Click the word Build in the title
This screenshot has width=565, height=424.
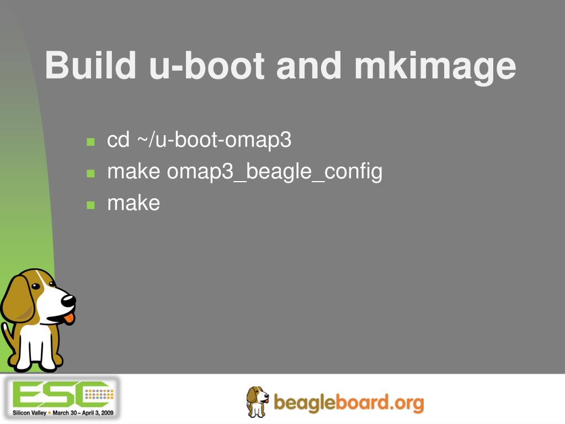point(90,65)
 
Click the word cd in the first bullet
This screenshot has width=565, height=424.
point(118,140)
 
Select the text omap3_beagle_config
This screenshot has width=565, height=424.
point(274,172)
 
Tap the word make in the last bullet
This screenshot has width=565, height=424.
point(134,203)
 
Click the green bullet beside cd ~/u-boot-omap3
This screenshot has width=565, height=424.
point(91,142)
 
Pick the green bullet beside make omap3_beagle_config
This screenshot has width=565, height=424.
point(91,173)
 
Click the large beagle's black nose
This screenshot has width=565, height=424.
point(68,300)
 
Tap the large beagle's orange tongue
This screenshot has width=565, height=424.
point(68,318)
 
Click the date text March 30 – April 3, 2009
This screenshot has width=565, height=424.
point(83,412)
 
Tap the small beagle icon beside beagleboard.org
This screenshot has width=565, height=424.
point(257,401)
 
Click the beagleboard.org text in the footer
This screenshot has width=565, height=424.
point(349,402)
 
